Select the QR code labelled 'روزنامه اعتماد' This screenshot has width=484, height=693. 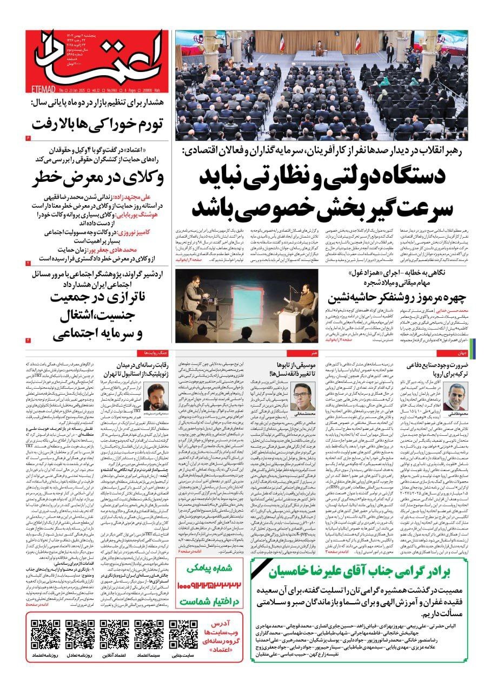(45, 634)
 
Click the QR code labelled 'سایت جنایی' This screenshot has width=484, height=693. (183, 634)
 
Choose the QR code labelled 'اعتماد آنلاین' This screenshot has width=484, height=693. (114, 634)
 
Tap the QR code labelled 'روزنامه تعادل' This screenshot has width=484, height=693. (79, 634)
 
